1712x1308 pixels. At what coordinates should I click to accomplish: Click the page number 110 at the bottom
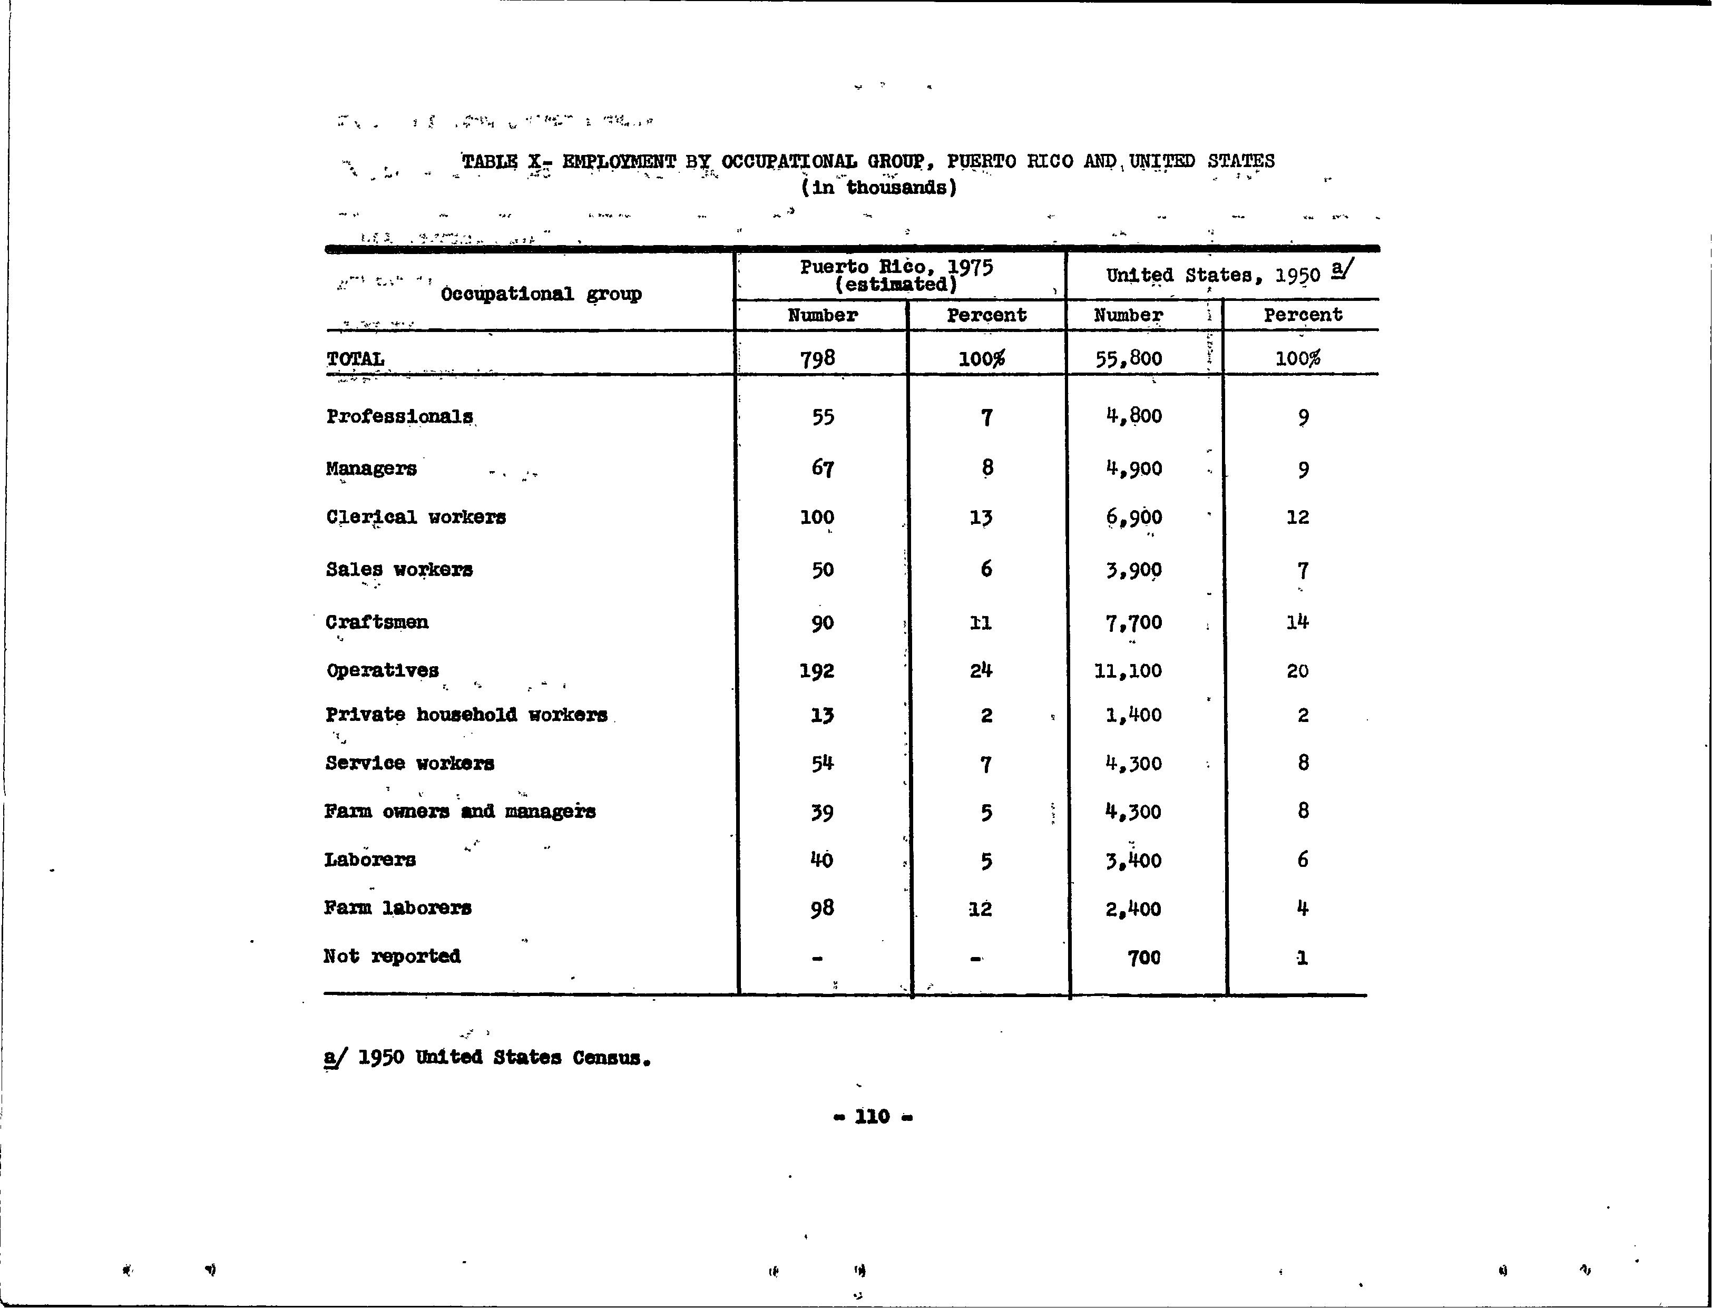point(872,1117)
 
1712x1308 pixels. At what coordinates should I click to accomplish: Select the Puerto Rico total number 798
point(817,358)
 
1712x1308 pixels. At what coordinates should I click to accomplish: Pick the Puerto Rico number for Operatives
point(817,670)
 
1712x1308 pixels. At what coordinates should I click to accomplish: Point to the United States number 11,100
point(1128,670)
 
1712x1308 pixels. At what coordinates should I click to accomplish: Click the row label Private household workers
point(466,715)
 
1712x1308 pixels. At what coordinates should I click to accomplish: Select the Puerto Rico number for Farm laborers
point(822,908)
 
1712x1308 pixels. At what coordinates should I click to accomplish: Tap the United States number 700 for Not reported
point(1143,957)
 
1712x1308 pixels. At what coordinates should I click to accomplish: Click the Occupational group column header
point(541,294)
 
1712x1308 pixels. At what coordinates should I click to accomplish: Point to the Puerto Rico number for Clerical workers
point(817,517)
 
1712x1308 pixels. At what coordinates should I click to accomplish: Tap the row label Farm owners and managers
point(460,811)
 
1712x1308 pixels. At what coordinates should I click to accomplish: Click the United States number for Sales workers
point(1133,570)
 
